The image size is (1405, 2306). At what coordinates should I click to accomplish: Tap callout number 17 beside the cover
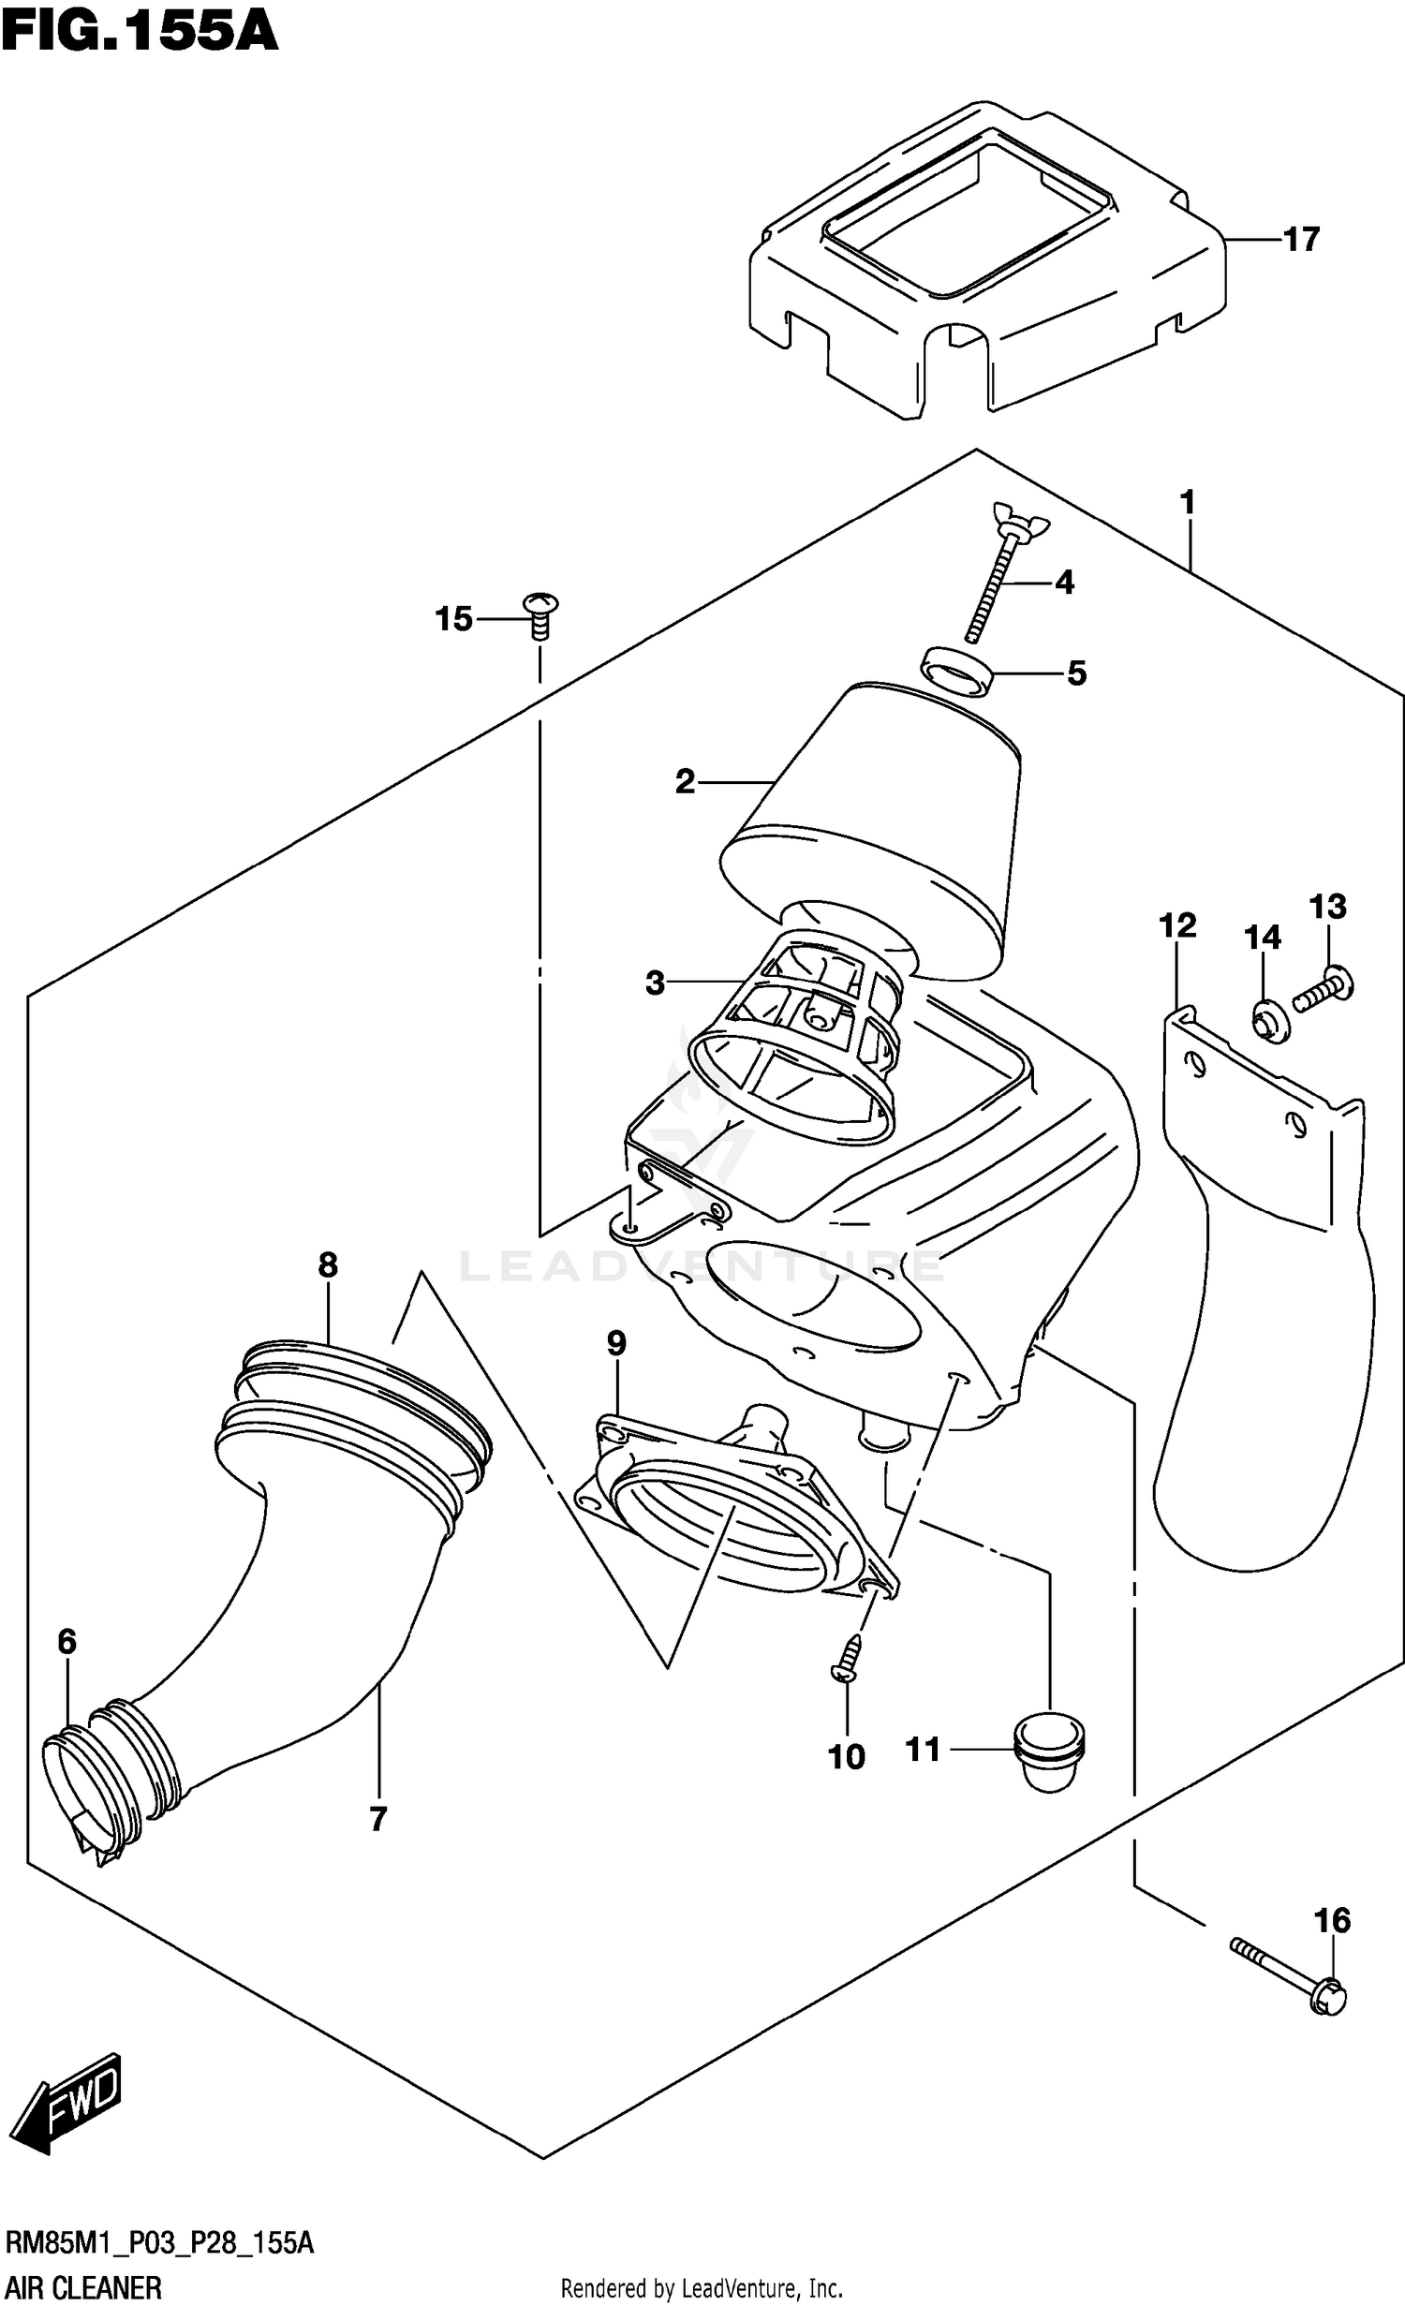point(1300,240)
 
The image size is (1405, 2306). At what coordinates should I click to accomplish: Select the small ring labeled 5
point(954,671)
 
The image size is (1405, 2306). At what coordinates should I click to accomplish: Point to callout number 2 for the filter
point(685,781)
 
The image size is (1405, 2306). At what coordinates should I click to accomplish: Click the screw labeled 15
point(540,613)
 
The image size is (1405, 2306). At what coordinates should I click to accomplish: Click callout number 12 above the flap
point(1177,925)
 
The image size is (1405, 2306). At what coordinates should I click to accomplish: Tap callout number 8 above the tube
point(327,1265)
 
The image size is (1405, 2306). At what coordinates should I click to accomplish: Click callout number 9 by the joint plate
point(615,1343)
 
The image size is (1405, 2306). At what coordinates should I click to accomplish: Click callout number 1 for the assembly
point(1188,503)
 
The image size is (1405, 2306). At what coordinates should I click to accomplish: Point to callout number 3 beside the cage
point(655,983)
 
